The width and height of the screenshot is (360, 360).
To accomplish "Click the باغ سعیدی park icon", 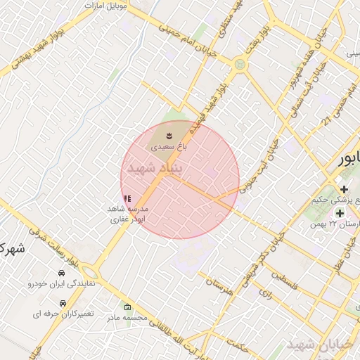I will (169, 134).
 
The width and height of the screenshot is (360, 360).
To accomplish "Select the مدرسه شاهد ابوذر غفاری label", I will (127, 214).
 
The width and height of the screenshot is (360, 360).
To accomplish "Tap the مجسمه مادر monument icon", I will (127, 307).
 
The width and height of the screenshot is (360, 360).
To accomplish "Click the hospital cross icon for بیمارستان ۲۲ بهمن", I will (340, 212).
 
